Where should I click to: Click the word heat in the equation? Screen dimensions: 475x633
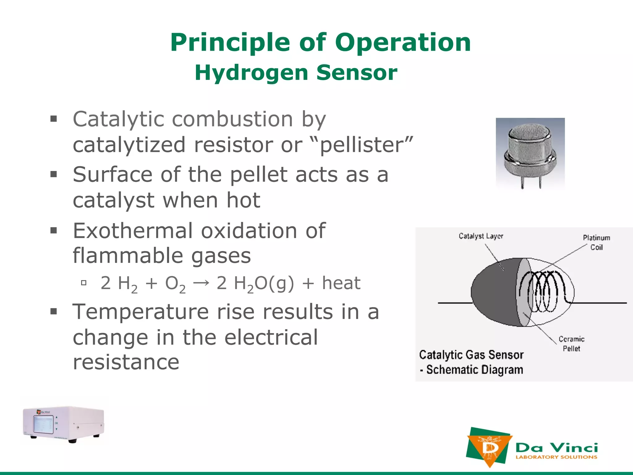[341, 283]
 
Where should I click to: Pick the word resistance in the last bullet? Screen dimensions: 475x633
[126, 362]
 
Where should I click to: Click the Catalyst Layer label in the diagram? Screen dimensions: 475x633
[481, 236]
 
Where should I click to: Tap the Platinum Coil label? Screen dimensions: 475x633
[596, 242]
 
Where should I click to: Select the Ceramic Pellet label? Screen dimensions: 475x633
[571, 344]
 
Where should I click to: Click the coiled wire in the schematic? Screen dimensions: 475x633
[544, 291]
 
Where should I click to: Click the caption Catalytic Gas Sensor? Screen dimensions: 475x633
[471, 355]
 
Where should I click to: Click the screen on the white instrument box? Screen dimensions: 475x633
[43, 424]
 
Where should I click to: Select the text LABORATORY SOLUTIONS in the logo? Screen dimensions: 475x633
[556, 457]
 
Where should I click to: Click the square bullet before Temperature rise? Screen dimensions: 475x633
[54, 311]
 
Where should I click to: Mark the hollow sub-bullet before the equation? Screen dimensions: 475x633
[83, 283]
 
